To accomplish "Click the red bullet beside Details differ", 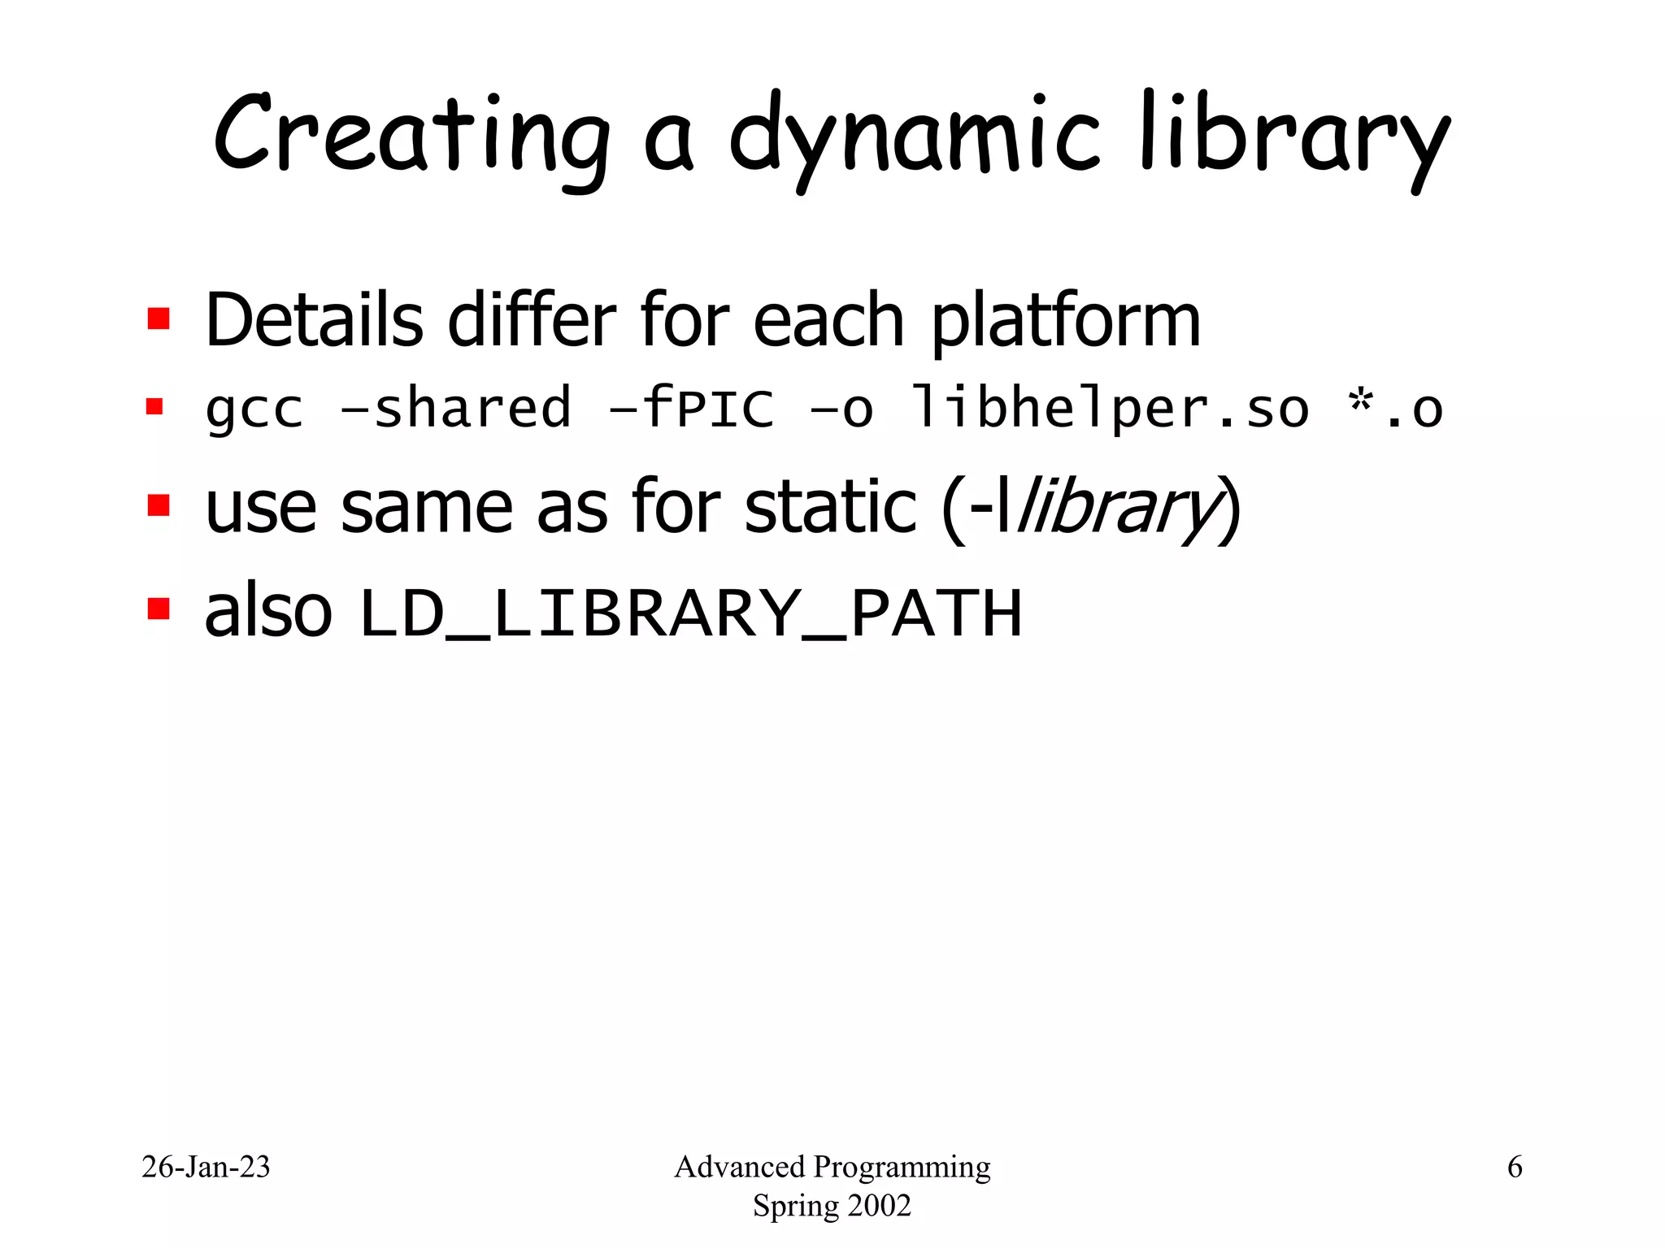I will coord(159,318).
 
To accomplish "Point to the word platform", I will coord(1065,322).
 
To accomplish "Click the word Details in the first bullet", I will coord(314,320).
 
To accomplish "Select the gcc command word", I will coord(254,409).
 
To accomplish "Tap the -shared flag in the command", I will coord(455,408).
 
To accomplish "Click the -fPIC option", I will coord(691,408).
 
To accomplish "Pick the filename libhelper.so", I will coord(1110,409).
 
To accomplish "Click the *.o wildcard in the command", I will coord(1394,409).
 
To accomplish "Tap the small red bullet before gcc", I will coord(154,406).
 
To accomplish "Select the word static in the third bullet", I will coord(830,507).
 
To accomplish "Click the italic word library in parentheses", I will coord(1118,509).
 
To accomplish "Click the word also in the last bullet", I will coord(268,611).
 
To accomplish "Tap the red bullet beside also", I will coord(159,609).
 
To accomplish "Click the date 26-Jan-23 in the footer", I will coord(206,1167).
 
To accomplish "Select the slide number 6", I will coord(1515,1167).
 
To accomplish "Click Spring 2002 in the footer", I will coord(832,1205).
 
